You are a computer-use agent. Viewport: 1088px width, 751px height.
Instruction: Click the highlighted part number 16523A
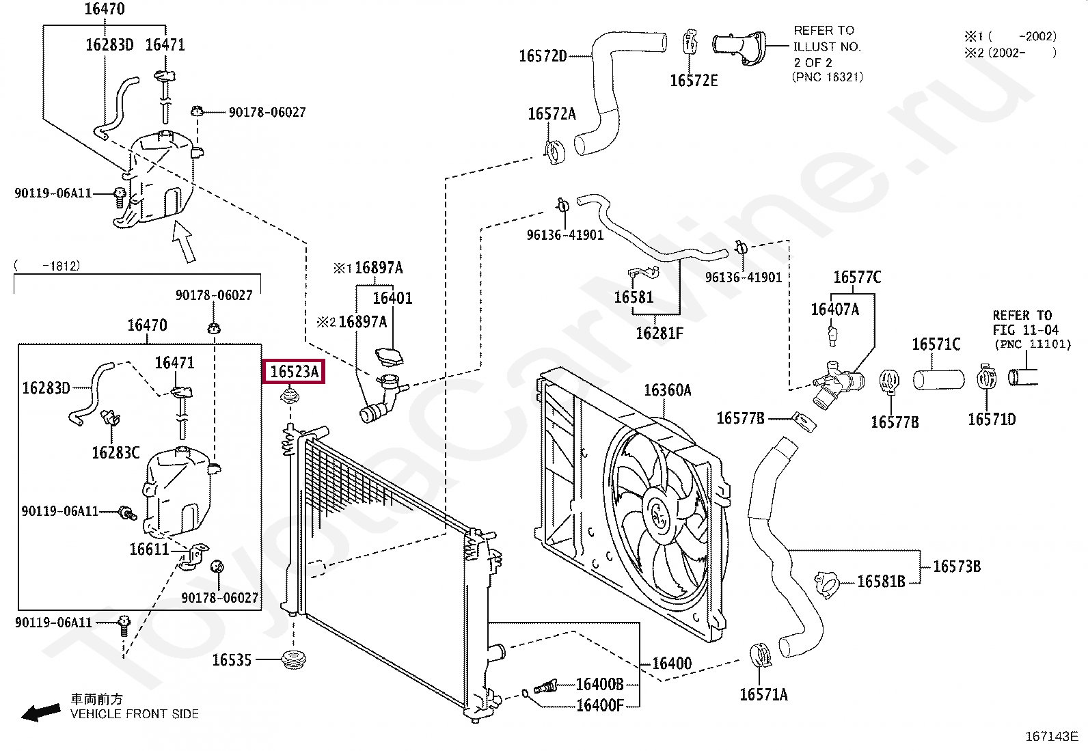(294, 372)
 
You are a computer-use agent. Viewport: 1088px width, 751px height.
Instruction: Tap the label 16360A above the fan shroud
(668, 390)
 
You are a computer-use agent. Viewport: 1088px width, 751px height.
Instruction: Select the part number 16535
(232, 660)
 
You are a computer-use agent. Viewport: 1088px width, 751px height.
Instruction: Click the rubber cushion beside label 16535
(294, 660)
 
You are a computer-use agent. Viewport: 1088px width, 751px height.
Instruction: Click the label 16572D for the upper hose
(543, 56)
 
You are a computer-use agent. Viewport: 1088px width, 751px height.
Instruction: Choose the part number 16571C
(936, 344)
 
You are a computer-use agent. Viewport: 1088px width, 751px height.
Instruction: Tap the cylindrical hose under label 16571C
(938, 380)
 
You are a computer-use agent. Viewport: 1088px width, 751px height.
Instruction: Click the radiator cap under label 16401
(390, 357)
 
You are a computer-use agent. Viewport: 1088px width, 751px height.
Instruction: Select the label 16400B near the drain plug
(600, 684)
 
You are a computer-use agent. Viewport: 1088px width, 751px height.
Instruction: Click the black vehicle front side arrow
(41, 712)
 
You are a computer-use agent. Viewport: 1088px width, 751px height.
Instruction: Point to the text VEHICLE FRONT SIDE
(135, 714)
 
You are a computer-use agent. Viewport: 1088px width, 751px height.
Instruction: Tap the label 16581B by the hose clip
(881, 582)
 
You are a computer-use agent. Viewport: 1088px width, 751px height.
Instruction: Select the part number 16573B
(957, 566)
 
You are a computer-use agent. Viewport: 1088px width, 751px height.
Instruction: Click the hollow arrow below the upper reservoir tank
(184, 241)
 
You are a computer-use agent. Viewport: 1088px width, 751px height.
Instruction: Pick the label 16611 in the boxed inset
(149, 549)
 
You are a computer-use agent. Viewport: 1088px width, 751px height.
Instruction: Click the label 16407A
(835, 310)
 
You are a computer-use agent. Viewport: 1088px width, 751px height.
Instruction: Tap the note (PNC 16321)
(828, 77)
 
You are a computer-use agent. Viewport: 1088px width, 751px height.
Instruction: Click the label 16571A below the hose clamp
(763, 695)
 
